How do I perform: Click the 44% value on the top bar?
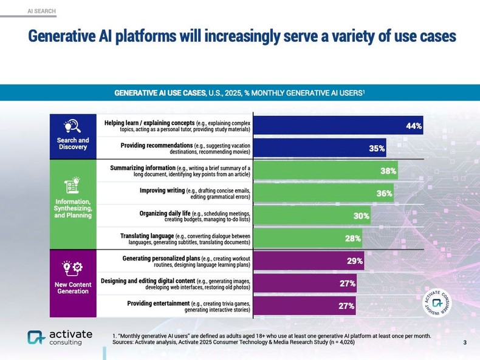click(413, 126)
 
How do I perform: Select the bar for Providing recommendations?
click(319, 148)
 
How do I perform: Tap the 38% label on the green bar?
click(388, 171)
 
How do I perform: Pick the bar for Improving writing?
click(323, 193)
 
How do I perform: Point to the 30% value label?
click(362, 216)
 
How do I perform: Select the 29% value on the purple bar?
click(355, 261)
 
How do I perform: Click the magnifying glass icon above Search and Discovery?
click(72, 126)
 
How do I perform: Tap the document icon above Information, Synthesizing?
click(72, 185)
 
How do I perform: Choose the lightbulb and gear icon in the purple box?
click(72, 267)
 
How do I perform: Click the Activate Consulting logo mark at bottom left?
click(36, 338)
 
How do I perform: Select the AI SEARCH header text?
click(42, 11)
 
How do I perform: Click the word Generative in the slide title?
click(61, 36)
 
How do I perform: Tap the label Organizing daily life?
click(165, 213)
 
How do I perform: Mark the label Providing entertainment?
click(158, 303)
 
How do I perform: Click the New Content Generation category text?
click(72, 288)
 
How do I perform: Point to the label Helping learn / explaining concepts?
click(149, 123)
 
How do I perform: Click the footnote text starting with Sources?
click(233, 342)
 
